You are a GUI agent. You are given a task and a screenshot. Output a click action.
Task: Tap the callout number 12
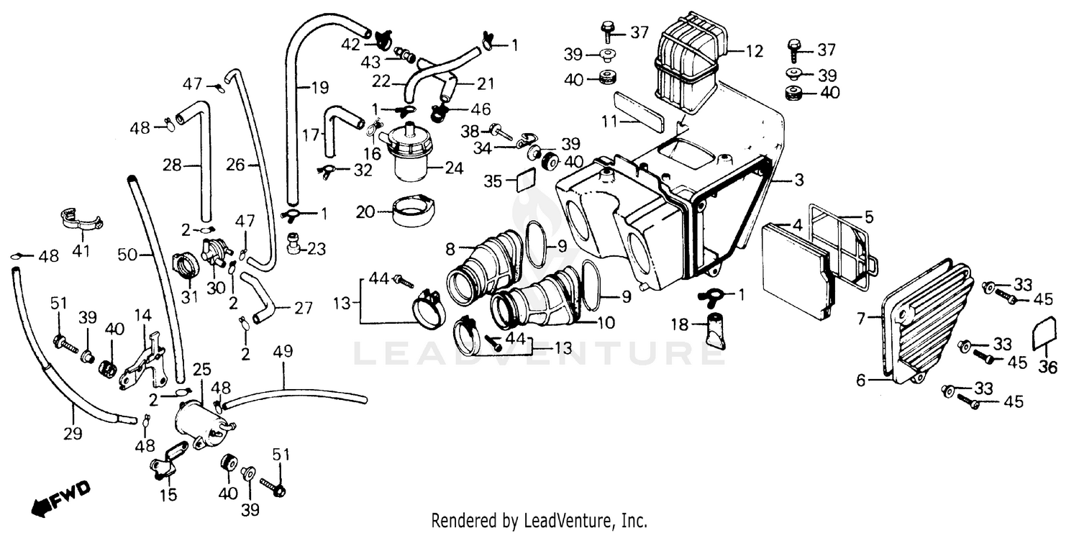[x=753, y=51]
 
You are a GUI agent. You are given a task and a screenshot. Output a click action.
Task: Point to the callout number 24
[x=454, y=170]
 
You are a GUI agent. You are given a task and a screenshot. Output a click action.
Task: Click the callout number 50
[x=127, y=255]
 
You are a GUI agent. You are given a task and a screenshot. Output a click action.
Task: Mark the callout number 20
[x=365, y=211]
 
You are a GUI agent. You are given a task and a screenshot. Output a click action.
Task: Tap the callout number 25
[x=201, y=370]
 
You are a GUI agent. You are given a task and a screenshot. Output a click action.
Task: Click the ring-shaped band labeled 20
[x=411, y=209]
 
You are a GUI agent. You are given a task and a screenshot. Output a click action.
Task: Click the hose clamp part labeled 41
[x=79, y=217]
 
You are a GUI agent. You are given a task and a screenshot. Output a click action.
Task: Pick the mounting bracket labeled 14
[x=143, y=363]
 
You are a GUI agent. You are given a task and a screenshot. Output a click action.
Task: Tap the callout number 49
[x=283, y=352]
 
